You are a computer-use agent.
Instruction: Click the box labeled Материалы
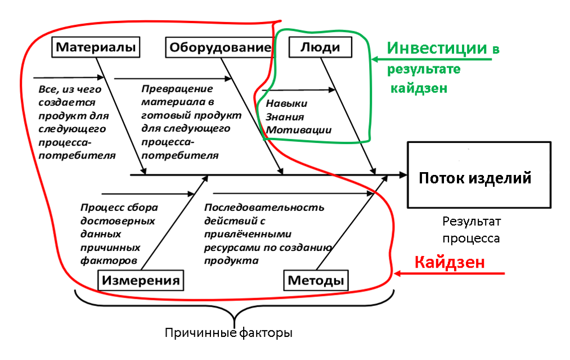coord(96,47)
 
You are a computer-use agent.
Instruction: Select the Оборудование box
coord(220,48)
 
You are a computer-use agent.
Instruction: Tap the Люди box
coord(320,47)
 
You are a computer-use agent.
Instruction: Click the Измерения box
coord(142,280)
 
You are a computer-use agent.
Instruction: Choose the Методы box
coord(316,280)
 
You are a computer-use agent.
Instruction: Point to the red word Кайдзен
coord(449,262)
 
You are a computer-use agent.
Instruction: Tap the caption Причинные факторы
coord(228,332)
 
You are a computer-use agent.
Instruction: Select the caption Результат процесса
coord(470,229)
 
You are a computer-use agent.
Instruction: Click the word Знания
coord(285,117)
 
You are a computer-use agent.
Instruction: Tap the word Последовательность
coord(264,207)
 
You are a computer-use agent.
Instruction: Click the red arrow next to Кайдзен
coord(450,273)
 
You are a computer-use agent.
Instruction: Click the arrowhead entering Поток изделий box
coord(402,175)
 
